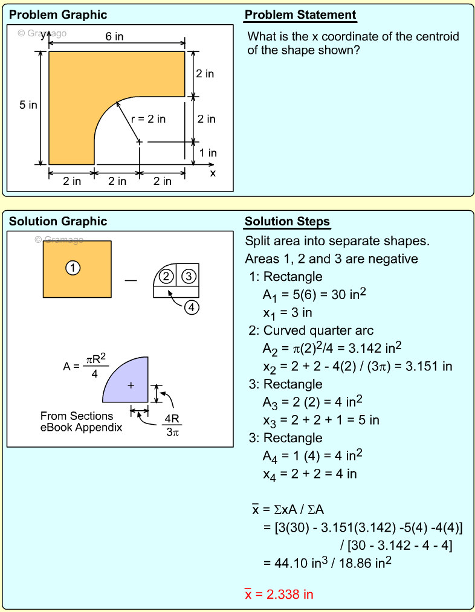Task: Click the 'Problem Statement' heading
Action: [x=300, y=15]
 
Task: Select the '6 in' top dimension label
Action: [x=114, y=37]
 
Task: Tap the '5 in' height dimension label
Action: [x=28, y=105]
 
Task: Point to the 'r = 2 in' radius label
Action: [x=149, y=119]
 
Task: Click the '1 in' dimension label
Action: [x=208, y=153]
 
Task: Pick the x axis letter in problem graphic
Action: [x=213, y=173]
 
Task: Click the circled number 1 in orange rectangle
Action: [x=73, y=268]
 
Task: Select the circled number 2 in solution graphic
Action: [x=166, y=276]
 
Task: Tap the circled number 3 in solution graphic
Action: [x=189, y=276]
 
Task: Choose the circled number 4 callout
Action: [x=191, y=308]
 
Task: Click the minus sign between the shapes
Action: [x=131, y=280]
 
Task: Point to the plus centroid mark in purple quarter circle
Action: [x=131, y=385]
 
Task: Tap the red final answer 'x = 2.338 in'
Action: [x=279, y=594]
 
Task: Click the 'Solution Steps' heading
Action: [x=287, y=222]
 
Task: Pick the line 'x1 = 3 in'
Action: [x=287, y=313]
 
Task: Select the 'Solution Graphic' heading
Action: [x=58, y=222]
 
